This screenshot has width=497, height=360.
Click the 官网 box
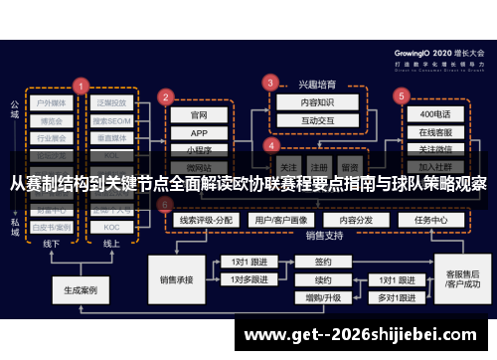(x=199, y=115)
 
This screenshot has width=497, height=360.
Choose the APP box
(x=199, y=133)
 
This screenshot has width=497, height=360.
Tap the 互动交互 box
(x=305, y=120)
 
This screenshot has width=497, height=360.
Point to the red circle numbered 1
(x=80, y=86)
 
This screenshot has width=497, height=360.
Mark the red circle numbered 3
(x=269, y=83)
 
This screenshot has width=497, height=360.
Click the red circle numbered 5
(x=402, y=96)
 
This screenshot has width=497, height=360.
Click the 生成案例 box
(x=80, y=291)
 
